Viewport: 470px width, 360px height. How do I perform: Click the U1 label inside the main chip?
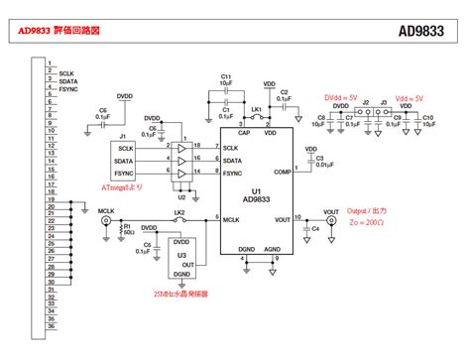click(x=256, y=190)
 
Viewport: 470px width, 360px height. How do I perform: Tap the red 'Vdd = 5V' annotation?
click(x=408, y=98)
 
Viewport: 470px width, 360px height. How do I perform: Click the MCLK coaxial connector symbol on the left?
click(x=105, y=224)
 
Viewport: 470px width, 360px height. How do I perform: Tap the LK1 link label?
click(x=255, y=107)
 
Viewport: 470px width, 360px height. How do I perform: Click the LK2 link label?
click(x=179, y=212)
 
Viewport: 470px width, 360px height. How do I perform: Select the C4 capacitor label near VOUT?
click(x=315, y=229)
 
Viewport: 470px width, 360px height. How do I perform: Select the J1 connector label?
click(x=122, y=136)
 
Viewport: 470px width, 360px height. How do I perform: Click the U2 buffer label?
click(x=180, y=196)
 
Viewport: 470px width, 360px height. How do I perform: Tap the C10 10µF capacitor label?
click(x=427, y=122)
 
